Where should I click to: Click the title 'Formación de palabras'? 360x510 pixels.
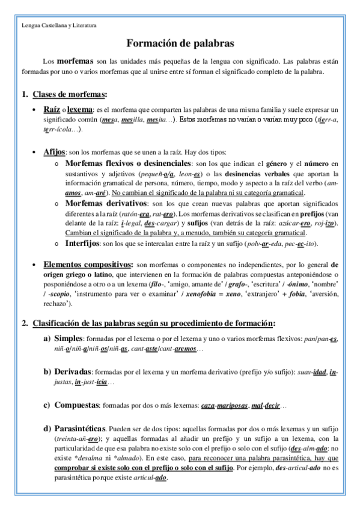tap(180, 43)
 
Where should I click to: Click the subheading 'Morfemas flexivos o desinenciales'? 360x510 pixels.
tap(127, 163)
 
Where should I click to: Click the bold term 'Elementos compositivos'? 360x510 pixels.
tap(88, 264)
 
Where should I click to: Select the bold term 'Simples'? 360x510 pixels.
tap(67, 338)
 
